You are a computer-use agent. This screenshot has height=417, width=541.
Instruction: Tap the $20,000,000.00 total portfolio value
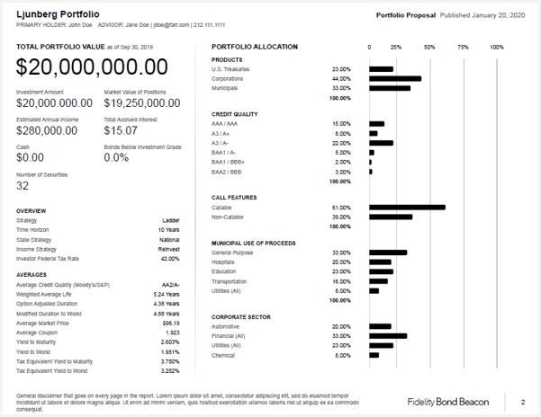click(x=92, y=67)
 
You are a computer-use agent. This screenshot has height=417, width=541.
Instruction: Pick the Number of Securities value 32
click(x=23, y=185)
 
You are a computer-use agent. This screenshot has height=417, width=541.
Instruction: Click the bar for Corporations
click(x=394, y=79)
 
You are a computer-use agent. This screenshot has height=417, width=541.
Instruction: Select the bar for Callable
click(x=407, y=208)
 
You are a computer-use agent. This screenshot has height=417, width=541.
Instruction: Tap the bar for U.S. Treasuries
click(x=382, y=69)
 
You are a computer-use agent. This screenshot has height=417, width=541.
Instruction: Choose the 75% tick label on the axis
click(x=463, y=47)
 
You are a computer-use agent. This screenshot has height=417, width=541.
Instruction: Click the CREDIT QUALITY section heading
click(x=234, y=114)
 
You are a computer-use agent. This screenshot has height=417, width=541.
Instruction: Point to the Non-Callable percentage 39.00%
click(x=341, y=217)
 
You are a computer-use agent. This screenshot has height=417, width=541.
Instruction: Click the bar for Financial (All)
click(x=388, y=336)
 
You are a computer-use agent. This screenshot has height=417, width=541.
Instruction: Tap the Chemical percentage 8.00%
click(x=343, y=355)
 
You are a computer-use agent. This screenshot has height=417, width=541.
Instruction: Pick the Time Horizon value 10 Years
click(x=168, y=230)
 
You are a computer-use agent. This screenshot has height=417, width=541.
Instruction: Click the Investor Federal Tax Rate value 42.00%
click(x=169, y=259)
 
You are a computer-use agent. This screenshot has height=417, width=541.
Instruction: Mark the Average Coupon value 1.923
click(x=172, y=333)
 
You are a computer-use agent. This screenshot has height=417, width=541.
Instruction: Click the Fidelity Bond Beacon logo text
click(x=449, y=402)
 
